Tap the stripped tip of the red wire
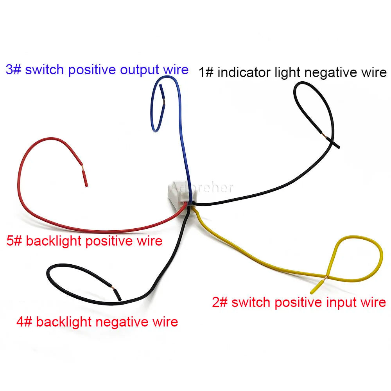click(x=85, y=178)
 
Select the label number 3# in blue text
click(x=14, y=70)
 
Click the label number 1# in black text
click(x=206, y=73)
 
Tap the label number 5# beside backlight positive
click(x=14, y=241)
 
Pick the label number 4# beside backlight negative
click(x=24, y=322)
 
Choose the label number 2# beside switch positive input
click(x=220, y=302)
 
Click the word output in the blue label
click(x=140, y=70)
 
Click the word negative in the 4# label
click(x=122, y=322)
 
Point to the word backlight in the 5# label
click(x=54, y=241)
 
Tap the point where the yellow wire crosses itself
click(x=327, y=276)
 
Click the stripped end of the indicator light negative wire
click(x=330, y=140)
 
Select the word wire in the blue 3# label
click(x=176, y=70)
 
